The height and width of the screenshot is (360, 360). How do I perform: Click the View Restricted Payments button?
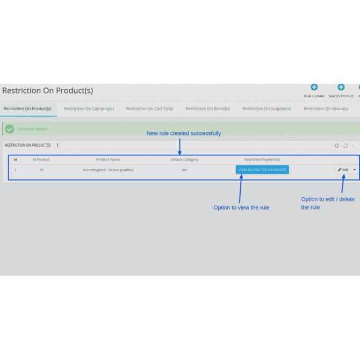coord(262,170)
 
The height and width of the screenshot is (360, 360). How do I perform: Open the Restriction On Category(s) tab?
coord(89,109)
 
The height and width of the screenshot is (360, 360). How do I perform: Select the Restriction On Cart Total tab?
coord(149,109)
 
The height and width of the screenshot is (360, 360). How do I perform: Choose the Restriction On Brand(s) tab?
coord(208,109)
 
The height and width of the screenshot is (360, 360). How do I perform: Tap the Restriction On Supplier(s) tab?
coord(267,109)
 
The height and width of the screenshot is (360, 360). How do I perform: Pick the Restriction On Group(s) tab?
coord(326,109)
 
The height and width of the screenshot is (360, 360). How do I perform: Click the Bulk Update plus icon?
coord(314,87)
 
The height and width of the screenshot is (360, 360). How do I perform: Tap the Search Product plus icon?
coord(341,87)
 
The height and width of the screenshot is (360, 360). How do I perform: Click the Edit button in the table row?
coord(343,170)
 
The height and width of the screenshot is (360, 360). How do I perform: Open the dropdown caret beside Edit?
coord(355,170)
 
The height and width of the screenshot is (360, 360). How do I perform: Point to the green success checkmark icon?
coord(10,129)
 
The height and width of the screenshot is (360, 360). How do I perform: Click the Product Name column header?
coord(108,160)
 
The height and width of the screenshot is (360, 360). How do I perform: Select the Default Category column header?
coord(184,160)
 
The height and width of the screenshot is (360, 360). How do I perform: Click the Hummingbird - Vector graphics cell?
coord(108,170)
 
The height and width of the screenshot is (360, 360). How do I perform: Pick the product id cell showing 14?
coord(41,170)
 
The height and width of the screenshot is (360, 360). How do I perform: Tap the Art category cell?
coord(184,170)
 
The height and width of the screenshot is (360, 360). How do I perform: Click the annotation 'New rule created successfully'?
coord(184,133)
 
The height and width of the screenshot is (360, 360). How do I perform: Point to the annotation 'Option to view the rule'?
coord(241,207)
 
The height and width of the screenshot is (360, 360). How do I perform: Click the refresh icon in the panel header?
coord(345,146)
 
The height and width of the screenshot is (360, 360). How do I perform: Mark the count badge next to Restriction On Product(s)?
coord(57,145)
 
